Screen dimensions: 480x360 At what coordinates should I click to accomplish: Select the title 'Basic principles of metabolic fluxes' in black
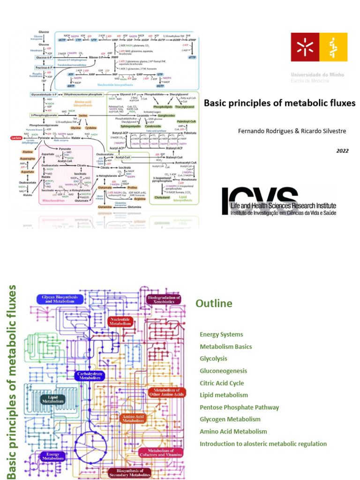(279, 103)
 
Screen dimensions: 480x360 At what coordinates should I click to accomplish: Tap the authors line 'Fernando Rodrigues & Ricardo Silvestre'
(292, 131)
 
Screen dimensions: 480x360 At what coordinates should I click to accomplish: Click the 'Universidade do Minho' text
(317, 75)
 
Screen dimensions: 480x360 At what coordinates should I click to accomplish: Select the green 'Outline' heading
(214, 304)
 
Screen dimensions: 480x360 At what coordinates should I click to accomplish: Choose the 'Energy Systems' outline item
(221, 335)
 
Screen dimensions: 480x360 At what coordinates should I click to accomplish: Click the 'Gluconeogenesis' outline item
(223, 371)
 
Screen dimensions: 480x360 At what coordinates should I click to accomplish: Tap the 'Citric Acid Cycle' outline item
(222, 383)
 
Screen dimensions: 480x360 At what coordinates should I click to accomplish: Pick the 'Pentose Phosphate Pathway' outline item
(239, 407)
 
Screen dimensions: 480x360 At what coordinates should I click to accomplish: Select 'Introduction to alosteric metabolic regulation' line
(263, 444)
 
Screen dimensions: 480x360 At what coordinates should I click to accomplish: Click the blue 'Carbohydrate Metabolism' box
(89, 375)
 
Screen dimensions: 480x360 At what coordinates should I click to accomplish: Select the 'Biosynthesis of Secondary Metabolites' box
(130, 473)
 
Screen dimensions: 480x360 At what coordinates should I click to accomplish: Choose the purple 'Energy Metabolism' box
(52, 456)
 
